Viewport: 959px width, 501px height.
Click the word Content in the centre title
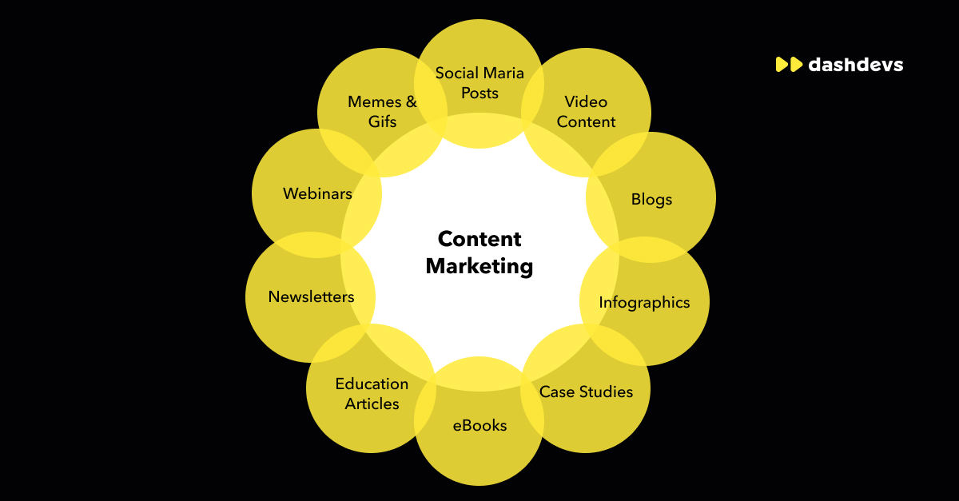pos(479,239)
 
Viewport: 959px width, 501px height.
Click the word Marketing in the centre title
pos(479,266)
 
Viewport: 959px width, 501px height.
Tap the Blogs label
pos(651,199)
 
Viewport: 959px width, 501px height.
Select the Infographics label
pos(644,303)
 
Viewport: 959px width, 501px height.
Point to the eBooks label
pos(479,425)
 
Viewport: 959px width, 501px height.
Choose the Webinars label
pos(317,193)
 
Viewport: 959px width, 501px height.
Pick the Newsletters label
pos(311,296)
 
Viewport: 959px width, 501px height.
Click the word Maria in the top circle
pos(501,74)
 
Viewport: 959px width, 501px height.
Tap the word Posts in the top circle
pos(479,93)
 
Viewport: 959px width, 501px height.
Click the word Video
pos(586,101)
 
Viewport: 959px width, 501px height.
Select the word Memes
pos(372,101)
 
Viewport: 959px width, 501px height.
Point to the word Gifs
pos(382,122)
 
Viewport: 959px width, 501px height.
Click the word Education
pos(372,384)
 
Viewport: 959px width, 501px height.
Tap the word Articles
pos(372,404)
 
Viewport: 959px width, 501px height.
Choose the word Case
pos(557,392)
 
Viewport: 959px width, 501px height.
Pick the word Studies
pos(606,392)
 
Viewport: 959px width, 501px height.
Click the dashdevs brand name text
pos(855,65)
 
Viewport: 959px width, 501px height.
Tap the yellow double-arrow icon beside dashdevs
pos(789,65)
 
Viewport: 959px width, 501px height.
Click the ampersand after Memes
pos(412,101)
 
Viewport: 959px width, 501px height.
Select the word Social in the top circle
pos(456,74)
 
